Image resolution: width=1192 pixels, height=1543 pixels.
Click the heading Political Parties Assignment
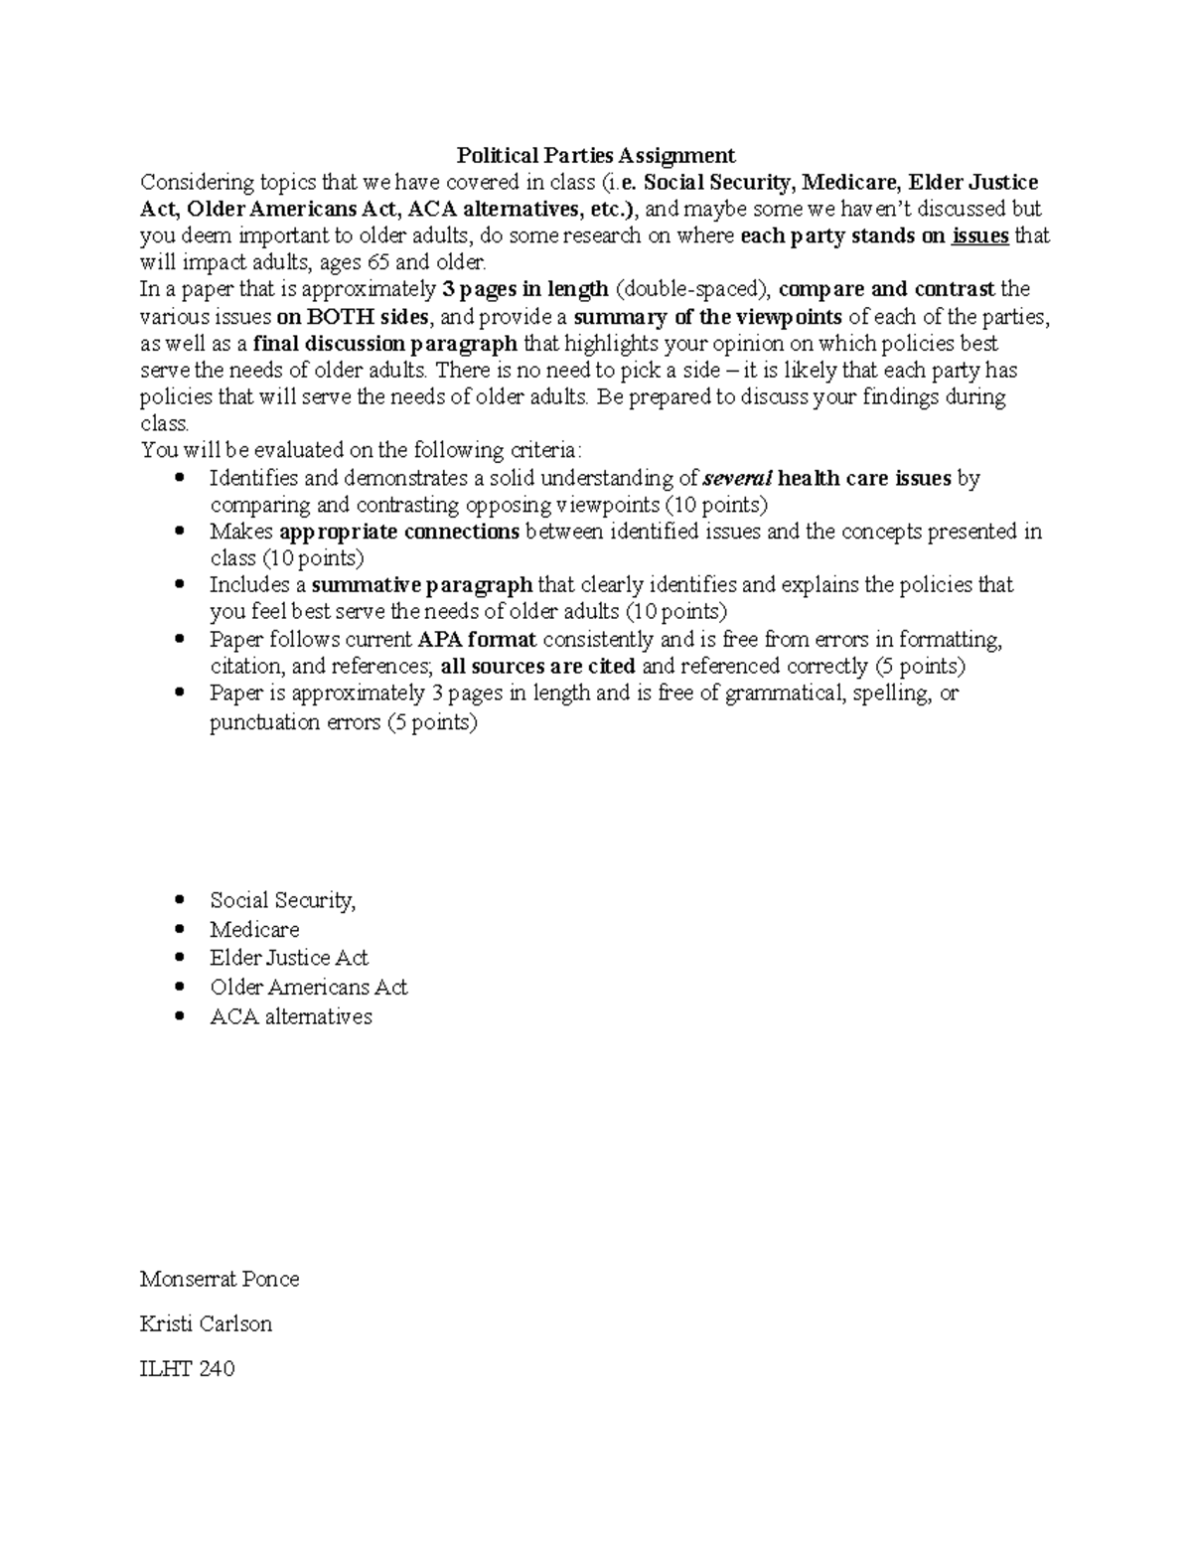(595, 155)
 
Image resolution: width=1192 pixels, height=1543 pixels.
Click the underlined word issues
(979, 235)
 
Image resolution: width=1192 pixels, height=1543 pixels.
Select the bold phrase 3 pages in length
(523, 289)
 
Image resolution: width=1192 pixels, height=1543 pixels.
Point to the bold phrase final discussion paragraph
(384, 344)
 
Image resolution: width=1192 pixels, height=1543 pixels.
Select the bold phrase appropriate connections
(399, 532)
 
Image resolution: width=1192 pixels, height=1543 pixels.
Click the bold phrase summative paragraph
(422, 584)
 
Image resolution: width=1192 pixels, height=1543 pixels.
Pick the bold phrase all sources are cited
(537, 666)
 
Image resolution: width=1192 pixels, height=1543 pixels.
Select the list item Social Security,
(282, 900)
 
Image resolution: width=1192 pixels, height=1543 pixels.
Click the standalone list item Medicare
(254, 929)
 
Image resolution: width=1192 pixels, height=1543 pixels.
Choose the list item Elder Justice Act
(288, 958)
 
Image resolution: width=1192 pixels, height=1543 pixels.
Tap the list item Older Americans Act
(308, 987)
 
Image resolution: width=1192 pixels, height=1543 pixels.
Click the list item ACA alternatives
(291, 1016)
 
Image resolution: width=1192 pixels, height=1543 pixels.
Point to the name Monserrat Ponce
(220, 1279)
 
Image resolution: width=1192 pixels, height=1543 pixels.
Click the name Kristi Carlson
(206, 1323)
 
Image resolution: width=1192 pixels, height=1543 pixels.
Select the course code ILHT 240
(187, 1368)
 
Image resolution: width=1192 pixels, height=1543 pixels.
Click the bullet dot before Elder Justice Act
(179, 959)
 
